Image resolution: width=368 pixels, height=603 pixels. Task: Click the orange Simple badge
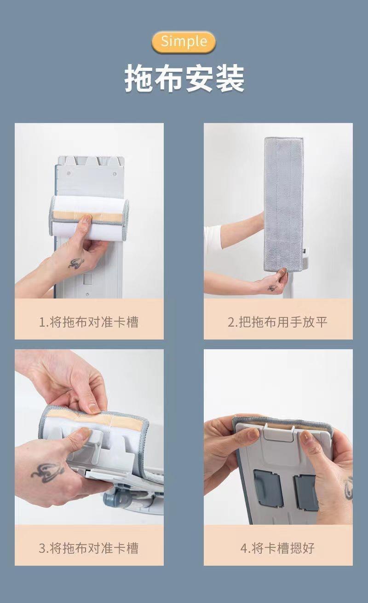184,42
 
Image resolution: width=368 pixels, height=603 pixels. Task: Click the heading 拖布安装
184,78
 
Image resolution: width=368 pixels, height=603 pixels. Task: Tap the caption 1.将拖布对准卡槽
89,322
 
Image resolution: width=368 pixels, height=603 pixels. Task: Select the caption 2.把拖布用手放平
278,322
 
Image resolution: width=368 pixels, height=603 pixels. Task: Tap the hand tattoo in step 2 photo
272,288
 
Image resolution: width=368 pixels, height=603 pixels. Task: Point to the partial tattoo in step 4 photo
348,488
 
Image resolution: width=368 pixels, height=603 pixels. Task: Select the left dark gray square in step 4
267,487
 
